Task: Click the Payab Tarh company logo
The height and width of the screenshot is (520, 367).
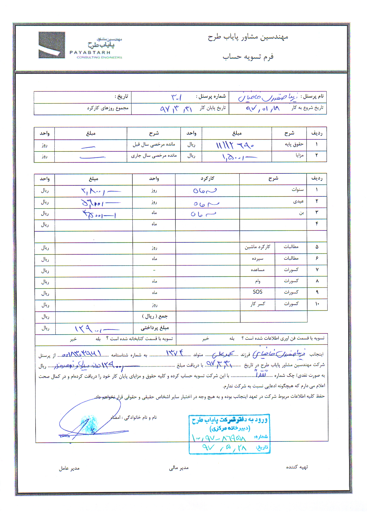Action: coord(80,46)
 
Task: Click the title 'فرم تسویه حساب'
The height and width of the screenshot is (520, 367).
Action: coord(248,57)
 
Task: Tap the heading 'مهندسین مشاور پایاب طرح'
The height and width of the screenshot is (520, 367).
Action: coord(248,37)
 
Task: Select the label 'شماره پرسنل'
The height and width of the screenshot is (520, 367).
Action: coord(211,96)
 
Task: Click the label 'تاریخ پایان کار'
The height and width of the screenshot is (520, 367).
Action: coord(213,108)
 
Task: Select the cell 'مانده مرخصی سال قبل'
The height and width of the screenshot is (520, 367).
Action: coord(154,144)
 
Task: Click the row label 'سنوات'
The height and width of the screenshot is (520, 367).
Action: coord(298,190)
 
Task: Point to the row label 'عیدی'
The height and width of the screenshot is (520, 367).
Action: coord(298,201)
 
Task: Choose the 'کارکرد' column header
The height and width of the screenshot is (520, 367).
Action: coord(207,179)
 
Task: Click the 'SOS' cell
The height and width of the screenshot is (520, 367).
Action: coord(257,292)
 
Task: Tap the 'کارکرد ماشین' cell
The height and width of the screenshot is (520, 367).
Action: coord(257,247)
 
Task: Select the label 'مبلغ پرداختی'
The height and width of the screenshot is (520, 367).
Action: coord(155,328)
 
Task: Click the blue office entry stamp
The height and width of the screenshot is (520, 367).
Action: coord(230,434)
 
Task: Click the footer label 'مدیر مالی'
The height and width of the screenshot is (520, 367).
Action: coord(179,468)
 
